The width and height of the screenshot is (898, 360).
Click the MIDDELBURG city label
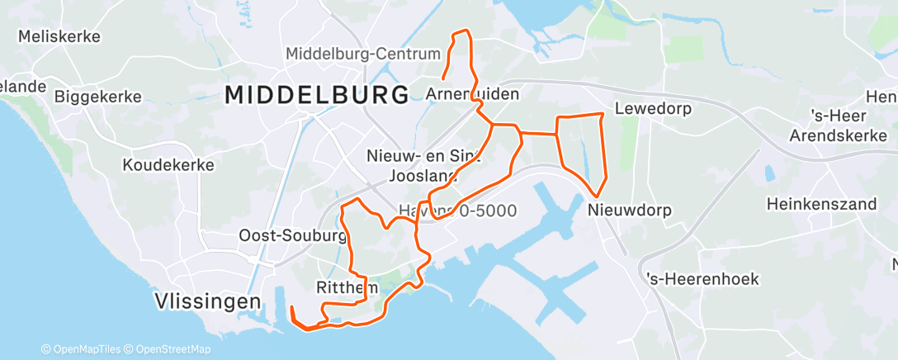pyautogui.click(x=317, y=94)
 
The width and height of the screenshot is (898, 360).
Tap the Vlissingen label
pyautogui.click(x=208, y=302)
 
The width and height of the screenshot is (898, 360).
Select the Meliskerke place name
pyautogui.click(x=59, y=36)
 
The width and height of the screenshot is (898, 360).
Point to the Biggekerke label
pyautogui.click(x=97, y=97)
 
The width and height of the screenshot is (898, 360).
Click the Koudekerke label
pyautogui.click(x=168, y=165)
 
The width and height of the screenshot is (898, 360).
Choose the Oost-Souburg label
pyautogui.click(x=292, y=235)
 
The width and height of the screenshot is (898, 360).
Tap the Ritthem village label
pyautogui.click(x=347, y=287)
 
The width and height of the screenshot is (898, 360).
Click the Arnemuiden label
pyautogui.click(x=473, y=94)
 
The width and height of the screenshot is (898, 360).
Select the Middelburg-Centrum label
pyautogui.click(x=363, y=54)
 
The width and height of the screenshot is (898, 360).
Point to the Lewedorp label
pyautogui.click(x=653, y=108)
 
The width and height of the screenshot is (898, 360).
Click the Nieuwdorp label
pyautogui.click(x=630, y=211)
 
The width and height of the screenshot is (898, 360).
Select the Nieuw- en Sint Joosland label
pyautogui.click(x=423, y=165)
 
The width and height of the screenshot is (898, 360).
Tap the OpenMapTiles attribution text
pyautogui.click(x=85, y=350)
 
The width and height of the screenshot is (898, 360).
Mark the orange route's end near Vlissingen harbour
pyautogui.click(x=291, y=307)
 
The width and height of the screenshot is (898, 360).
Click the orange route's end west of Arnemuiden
pyautogui.click(x=443, y=80)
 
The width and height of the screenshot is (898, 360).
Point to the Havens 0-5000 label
pyautogui.click(x=458, y=211)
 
